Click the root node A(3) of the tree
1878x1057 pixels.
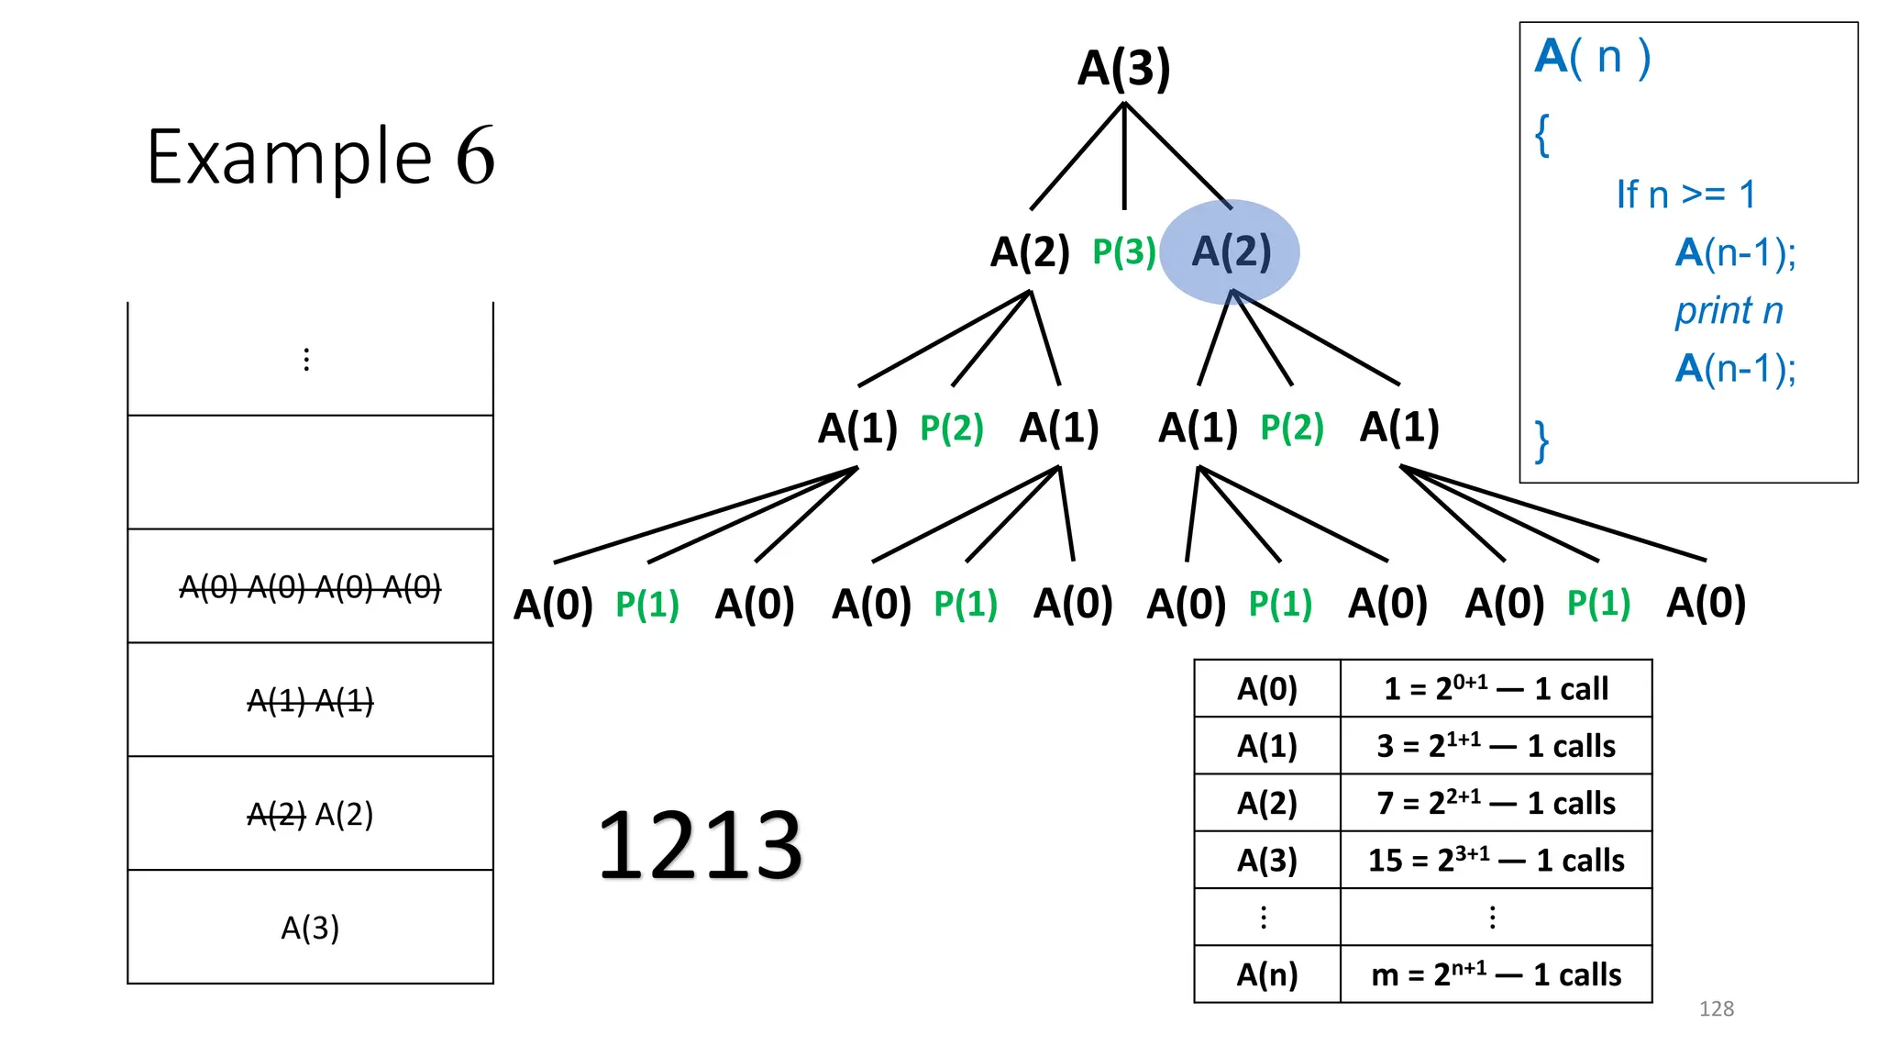click(x=1123, y=68)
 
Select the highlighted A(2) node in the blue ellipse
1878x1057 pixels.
click(x=1231, y=251)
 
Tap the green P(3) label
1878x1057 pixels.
click(x=1123, y=251)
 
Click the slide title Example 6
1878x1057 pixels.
click(x=321, y=157)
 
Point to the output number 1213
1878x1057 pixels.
click(x=700, y=845)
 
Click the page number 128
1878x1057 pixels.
click(x=1716, y=1008)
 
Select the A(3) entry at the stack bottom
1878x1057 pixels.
click(x=310, y=928)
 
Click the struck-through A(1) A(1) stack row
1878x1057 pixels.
click(x=310, y=701)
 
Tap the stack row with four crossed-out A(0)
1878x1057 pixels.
click(x=310, y=586)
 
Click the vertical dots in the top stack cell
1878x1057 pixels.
click(x=306, y=360)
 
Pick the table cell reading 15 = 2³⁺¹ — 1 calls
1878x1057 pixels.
click(x=1496, y=860)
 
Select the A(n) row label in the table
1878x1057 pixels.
click(x=1267, y=974)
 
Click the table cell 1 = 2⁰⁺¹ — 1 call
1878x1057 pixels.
click(x=1496, y=688)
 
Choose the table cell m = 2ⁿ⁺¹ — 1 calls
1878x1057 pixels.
click(x=1496, y=974)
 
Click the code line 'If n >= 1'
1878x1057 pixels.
click(x=1685, y=195)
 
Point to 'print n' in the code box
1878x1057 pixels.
click(x=1729, y=311)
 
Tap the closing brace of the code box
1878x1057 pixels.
click(x=1542, y=441)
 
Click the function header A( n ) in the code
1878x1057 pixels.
click(x=1593, y=57)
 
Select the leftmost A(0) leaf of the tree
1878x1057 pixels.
click(x=553, y=605)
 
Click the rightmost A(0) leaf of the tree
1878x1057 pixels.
click(x=1706, y=603)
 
